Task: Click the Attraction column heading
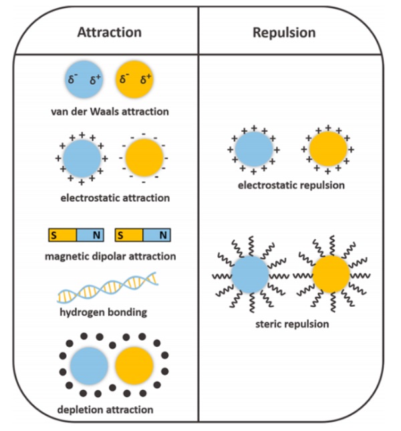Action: pos(110,32)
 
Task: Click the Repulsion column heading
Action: pos(284,32)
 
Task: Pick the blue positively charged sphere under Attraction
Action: pos(81,158)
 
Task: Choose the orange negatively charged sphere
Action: pos(144,158)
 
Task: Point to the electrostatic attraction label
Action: pos(114,198)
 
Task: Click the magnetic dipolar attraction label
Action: pos(110,256)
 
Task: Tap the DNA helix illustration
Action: pos(108,288)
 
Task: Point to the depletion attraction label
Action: pos(105,409)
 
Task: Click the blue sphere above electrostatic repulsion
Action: pos(253,149)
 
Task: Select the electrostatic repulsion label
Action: pos(291,184)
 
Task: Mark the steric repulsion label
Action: pos(292,324)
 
